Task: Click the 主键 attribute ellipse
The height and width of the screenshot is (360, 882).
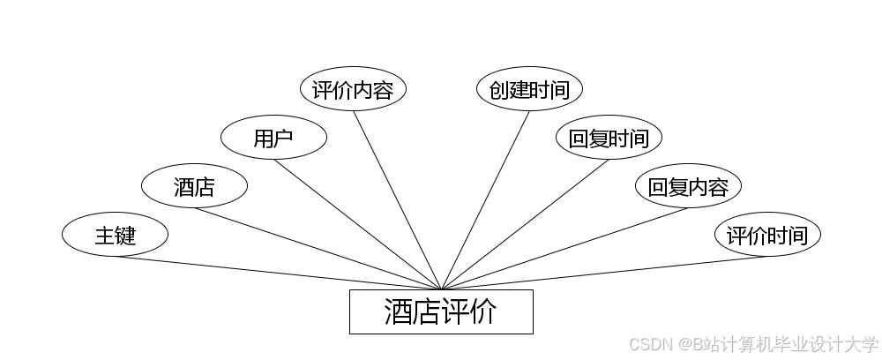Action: pyautogui.click(x=115, y=235)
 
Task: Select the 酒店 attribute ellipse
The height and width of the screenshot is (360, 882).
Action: pyautogui.click(x=194, y=186)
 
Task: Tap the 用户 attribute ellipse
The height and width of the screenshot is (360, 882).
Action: pyautogui.click(x=273, y=138)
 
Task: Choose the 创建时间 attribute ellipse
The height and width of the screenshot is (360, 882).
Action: pyautogui.click(x=529, y=90)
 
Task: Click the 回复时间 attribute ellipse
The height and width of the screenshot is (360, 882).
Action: pyautogui.click(x=609, y=138)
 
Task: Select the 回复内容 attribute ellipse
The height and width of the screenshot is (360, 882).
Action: pyautogui.click(x=688, y=186)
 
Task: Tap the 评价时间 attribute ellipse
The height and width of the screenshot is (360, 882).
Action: pyautogui.click(x=767, y=235)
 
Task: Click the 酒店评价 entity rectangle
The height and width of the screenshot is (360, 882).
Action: pyautogui.click(x=441, y=311)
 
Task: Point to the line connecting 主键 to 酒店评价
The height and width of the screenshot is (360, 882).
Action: pyautogui.click(x=278, y=273)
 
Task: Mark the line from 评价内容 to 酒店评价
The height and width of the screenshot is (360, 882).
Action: pyautogui.click(x=397, y=200)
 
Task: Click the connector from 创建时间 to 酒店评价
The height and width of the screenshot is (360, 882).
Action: pyautogui.click(x=485, y=200)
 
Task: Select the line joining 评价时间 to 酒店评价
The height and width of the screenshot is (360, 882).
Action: pyautogui.click(x=604, y=273)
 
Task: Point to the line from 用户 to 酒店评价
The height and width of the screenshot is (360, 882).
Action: pyautogui.click(x=357, y=224)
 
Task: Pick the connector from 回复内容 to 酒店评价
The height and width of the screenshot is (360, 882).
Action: pyautogui.click(x=564, y=248)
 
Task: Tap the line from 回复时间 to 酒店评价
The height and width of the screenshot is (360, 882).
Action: pyautogui.click(x=525, y=224)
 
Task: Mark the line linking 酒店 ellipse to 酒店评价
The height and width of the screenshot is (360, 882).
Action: pyautogui.click(x=318, y=248)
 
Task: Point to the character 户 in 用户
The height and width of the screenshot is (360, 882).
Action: pyautogui.click(x=283, y=139)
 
